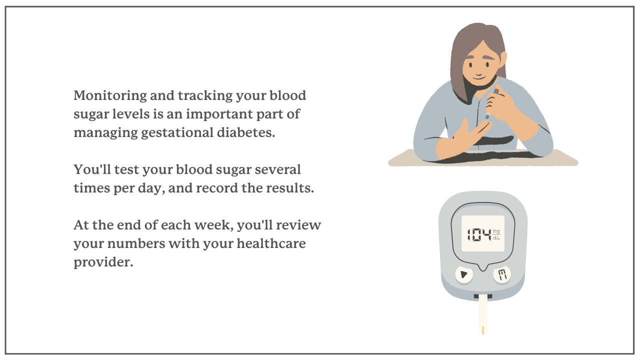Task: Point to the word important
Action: (x=223, y=114)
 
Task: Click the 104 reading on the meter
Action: (x=478, y=234)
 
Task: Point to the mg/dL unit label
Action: (x=496, y=234)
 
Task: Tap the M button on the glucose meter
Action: (x=501, y=274)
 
